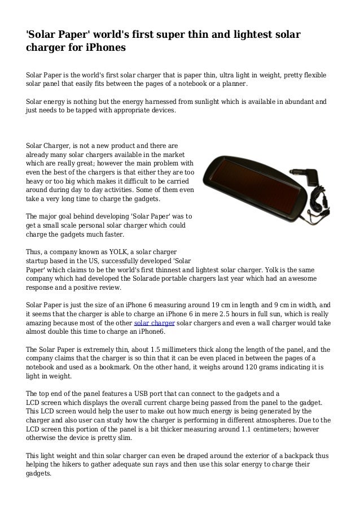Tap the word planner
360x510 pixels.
coord(233,84)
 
